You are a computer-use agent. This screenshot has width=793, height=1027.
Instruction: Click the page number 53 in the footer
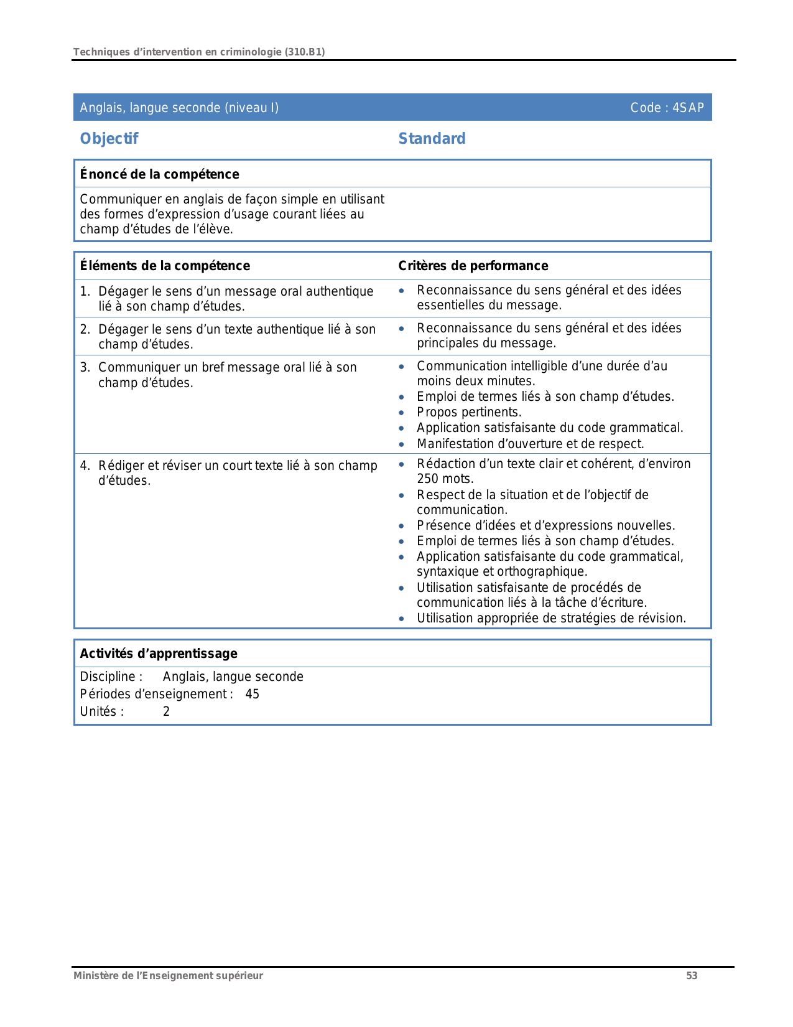coord(692,976)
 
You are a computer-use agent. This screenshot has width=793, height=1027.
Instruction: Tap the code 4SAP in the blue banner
coord(688,108)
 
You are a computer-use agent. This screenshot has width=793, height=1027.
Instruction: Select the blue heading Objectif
coord(109,139)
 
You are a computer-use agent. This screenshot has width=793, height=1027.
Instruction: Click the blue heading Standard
coord(432,139)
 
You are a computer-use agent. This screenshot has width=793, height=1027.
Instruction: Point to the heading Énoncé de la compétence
coord(159,174)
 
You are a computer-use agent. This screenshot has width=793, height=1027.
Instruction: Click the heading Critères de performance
coord(473,266)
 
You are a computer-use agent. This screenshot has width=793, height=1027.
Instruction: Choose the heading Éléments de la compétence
coord(165,266)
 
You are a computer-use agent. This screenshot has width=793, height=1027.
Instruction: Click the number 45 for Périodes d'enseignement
coord(252,694)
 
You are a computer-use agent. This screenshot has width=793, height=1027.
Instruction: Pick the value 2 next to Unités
coord(166,711)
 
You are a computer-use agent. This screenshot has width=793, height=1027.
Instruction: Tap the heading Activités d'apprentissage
coord(159,654)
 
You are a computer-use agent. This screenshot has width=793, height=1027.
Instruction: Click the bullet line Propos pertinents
coord(469,412)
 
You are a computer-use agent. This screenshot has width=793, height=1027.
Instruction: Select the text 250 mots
coord(445,479)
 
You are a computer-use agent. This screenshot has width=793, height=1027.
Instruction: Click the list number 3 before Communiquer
coord(84,367)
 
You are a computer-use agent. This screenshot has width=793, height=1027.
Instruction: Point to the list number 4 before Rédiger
coord(84,466)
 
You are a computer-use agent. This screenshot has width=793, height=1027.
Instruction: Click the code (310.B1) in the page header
coord(305,52)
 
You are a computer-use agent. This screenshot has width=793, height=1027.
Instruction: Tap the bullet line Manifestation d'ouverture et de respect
coord(530,444)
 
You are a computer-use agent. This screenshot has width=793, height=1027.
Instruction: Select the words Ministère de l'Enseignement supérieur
coord(168,976)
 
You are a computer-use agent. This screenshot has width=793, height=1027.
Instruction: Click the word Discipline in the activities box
coord(108,677)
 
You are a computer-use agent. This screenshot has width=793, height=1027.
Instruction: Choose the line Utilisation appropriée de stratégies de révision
coord(551,618)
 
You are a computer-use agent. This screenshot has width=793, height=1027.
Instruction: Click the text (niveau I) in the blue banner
coord(251,108)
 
